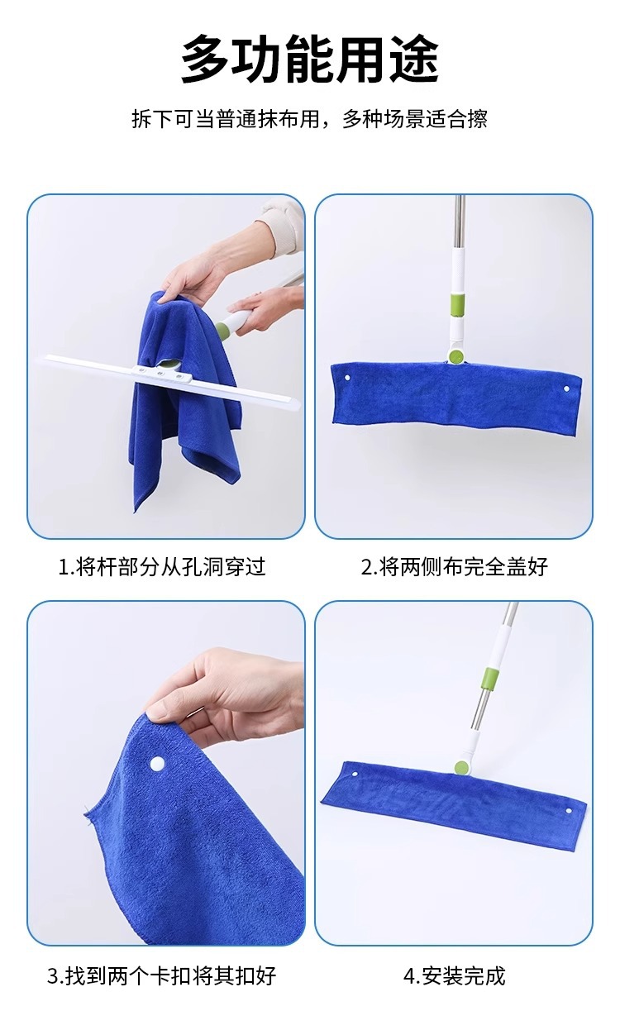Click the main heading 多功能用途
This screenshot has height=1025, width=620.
pos(310,60)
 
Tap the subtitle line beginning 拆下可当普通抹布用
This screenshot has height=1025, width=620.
pos(310,119)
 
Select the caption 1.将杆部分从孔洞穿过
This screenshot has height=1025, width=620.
pos(162,567)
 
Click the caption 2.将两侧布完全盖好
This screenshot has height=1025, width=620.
pos(455,567)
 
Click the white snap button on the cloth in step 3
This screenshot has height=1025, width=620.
pos(157,763)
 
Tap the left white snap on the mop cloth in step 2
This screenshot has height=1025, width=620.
pos(347,379)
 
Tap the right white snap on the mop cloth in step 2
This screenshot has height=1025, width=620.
pos(566,389)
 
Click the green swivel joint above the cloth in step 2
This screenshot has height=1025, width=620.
pos(455,355)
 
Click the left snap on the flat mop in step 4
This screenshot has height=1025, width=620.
pos(355,775)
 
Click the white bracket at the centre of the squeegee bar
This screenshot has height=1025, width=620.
pos(161,374)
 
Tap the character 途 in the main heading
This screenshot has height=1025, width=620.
pos(414,60)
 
